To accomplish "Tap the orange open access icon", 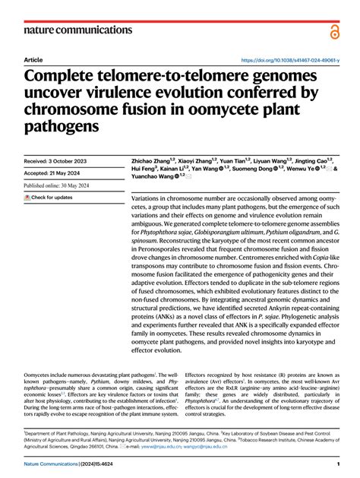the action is pos(335,30).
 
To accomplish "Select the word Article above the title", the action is pos(33,59).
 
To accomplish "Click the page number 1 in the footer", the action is pos(336,464).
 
